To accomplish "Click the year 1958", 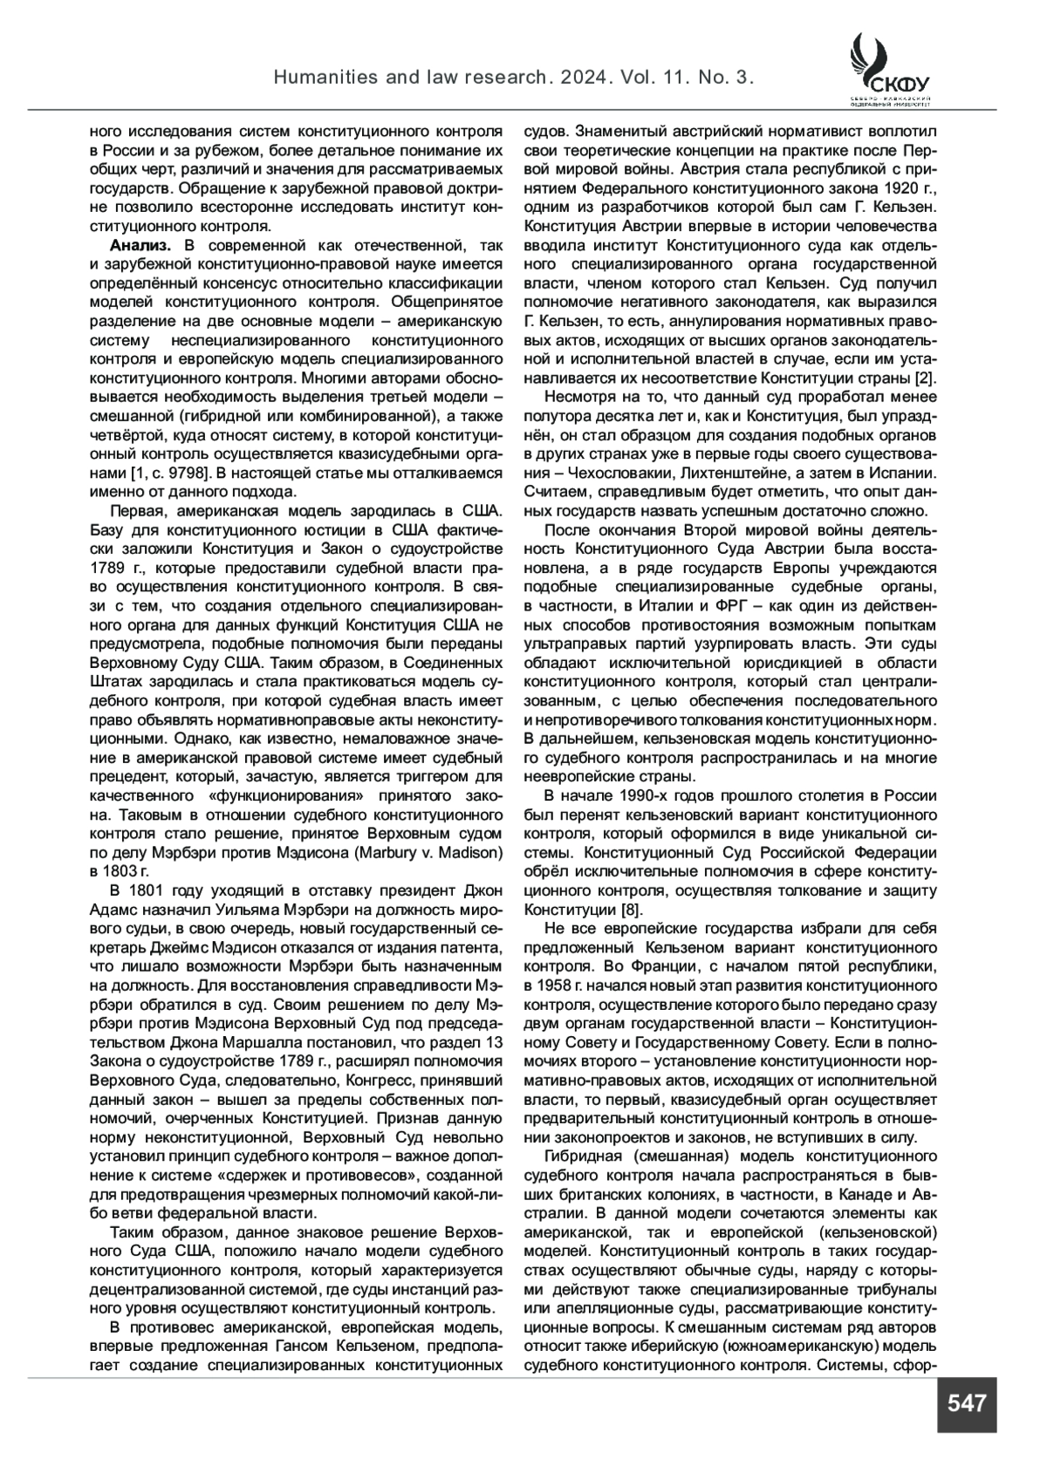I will (543, 986).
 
